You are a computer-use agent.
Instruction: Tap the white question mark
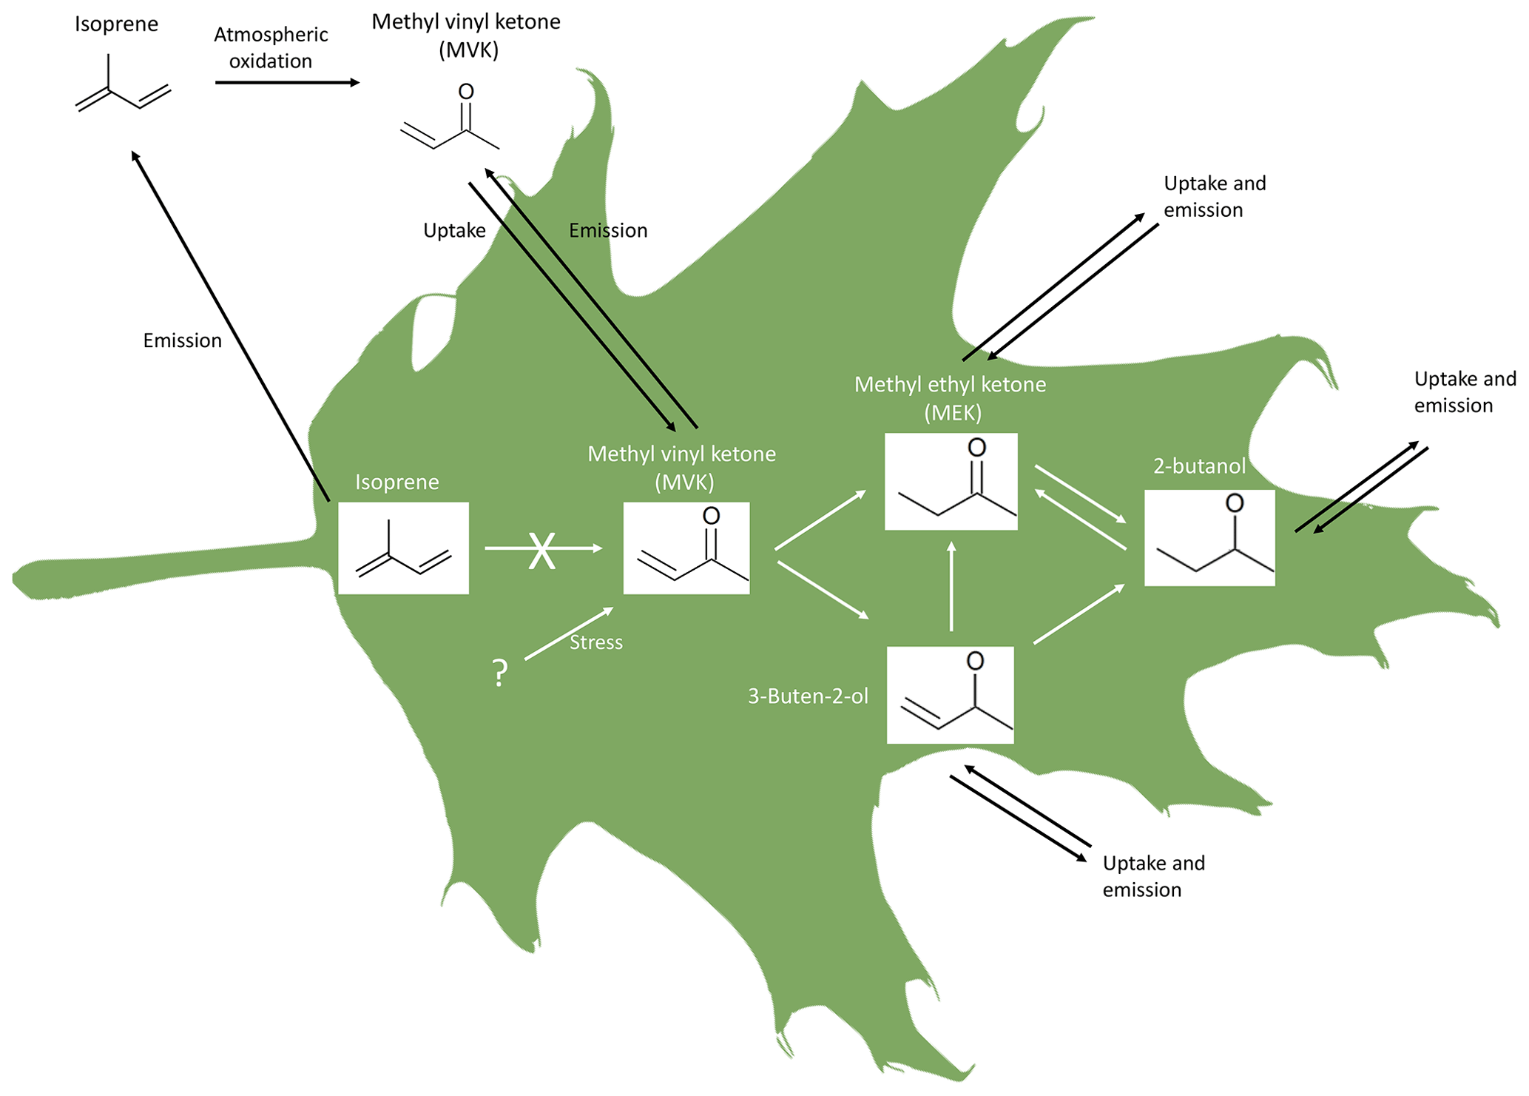[x=500, y=673]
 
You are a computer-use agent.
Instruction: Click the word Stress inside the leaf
[x=595, y=642]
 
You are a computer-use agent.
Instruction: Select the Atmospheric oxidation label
[x=271, y=47]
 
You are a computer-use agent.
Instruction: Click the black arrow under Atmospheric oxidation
[x=287, y=82]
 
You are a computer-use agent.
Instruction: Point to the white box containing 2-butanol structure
[x=1209, y=538]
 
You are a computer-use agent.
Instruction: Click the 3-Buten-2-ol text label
[x=808, y=696]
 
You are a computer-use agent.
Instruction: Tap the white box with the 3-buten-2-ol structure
[x=950, y=695]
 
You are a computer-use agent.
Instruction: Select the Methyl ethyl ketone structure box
[x=951, y=482]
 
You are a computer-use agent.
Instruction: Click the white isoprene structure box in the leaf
[x=403, y=548]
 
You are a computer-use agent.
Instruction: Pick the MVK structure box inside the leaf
[x=686, y=548]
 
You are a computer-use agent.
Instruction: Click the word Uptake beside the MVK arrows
[x=454, y=230]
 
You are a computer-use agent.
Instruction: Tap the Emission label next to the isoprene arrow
[x=182, y=340]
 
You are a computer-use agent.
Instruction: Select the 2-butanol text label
[x=1199, y=465]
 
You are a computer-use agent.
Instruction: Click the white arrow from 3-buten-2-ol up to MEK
[x=951, y=586]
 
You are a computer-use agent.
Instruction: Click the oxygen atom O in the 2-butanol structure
[x=1235, y=503]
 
